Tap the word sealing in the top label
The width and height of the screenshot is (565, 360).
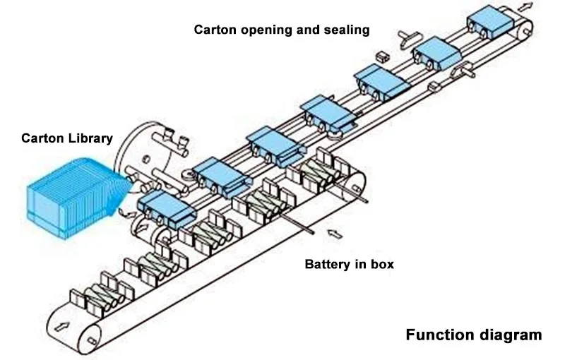346,30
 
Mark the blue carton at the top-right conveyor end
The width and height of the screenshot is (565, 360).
489,21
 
